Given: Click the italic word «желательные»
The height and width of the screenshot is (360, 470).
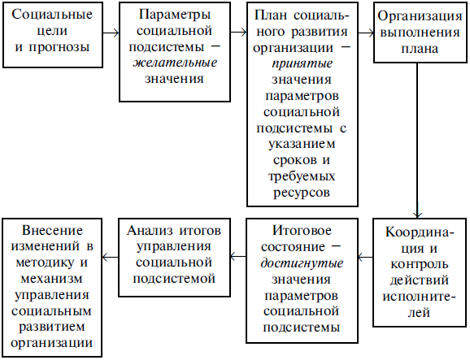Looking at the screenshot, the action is tap(175, 63).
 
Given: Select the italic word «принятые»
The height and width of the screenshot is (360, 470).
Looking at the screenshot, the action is tap(302, 64).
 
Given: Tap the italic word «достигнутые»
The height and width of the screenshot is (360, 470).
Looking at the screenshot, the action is tap(302, 263).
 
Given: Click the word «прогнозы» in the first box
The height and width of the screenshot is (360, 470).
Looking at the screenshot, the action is tap(59, 48).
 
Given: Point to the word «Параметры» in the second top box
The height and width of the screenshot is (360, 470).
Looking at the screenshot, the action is tap(175, 15).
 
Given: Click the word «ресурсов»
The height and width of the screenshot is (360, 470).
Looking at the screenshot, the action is tap(302, 193).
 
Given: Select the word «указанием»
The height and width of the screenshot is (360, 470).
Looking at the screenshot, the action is tap(302, 144).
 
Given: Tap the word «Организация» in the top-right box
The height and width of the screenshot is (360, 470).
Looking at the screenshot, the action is tap(420, 16).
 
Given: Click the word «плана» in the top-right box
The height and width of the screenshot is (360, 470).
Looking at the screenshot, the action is tap(420, 49).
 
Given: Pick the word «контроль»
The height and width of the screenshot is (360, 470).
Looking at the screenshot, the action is tap(420, 264).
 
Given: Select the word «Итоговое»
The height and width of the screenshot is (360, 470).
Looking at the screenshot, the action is tap(302, 230).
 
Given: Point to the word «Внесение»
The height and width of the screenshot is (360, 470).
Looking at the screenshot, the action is tap(53, 230).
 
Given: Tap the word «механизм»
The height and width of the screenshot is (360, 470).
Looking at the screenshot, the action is tap(51, 279).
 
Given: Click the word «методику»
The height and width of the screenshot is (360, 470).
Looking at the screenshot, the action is tap(45, 262).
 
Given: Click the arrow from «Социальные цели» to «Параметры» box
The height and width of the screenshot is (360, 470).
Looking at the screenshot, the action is tap(111, 33).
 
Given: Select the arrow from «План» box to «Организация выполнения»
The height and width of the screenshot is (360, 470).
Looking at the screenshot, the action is tap(366, 33).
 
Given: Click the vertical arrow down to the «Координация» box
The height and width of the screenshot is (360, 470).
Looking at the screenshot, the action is tap(417, 141).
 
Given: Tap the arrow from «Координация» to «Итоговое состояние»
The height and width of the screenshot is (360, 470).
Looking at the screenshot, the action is tap(365, 257).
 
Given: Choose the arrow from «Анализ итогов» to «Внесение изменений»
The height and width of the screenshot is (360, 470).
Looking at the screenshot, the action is tap(111, 257).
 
